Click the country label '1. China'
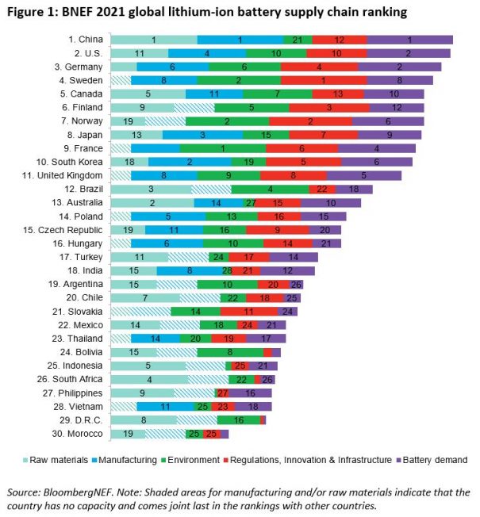click(86, 40)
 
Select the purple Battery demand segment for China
click(409, 40)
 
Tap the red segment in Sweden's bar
click(324, 80)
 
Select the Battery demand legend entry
click(435, 459)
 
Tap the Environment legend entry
click(188, 459)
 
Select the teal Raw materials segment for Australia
click(152, 202)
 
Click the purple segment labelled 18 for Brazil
click(354, 189)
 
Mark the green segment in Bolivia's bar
click(230, 352)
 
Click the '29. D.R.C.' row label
click(81, 419)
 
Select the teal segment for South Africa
click(149, 379)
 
